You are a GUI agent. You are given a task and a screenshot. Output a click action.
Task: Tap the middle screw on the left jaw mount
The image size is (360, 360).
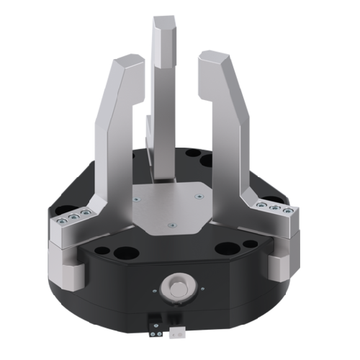point(75,218)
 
